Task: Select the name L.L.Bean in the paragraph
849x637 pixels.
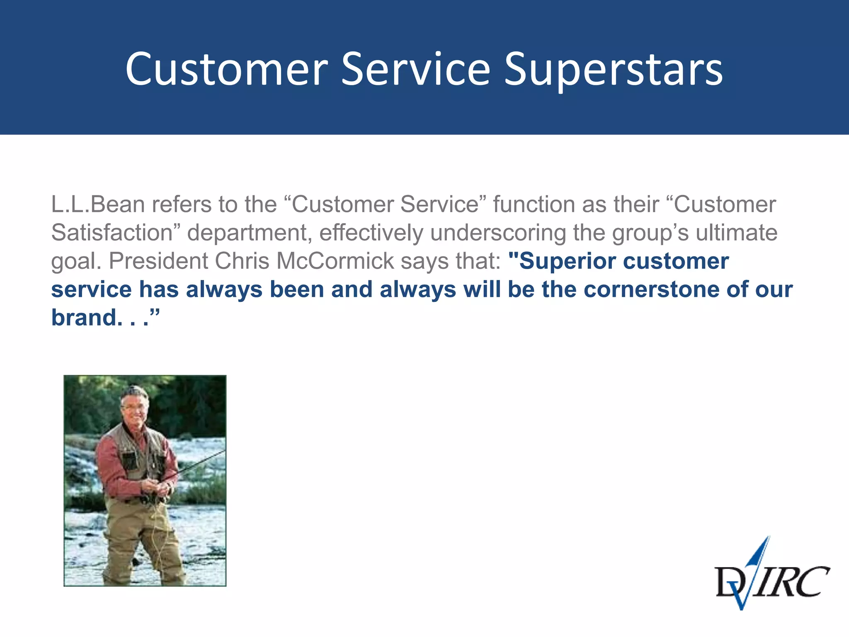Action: coord(98,204)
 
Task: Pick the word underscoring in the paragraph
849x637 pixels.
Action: coord(498,233)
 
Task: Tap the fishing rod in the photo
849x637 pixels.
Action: coord(199,464)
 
